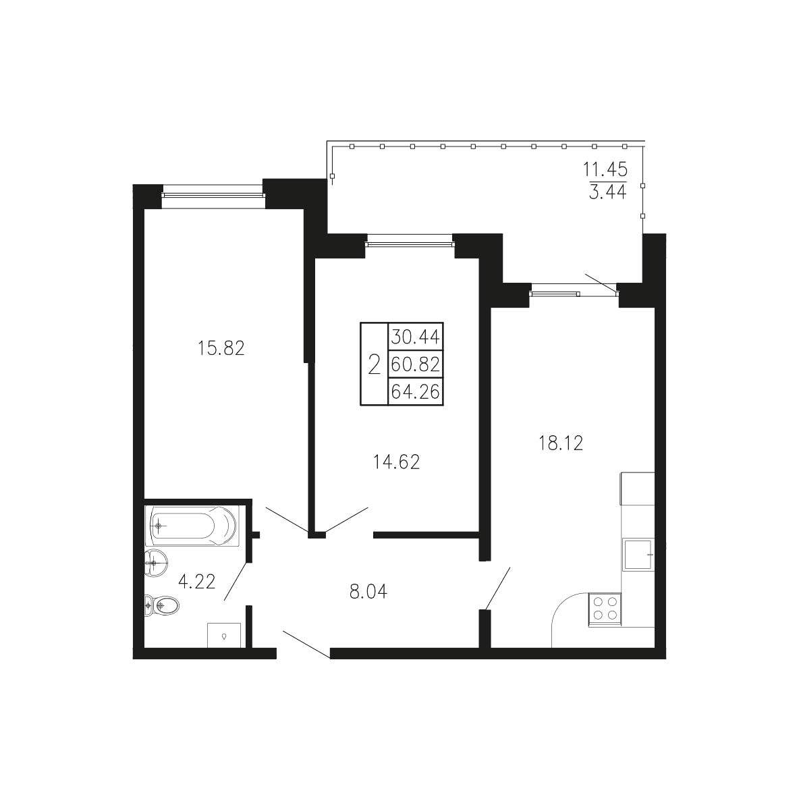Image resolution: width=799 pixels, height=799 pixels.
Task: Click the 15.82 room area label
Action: click(221, 348)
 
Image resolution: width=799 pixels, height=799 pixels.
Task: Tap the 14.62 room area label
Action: click(396, 462)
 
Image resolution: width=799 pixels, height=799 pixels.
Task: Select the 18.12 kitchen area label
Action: click(561, 443)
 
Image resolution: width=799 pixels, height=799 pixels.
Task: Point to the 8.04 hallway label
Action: click(368, 592)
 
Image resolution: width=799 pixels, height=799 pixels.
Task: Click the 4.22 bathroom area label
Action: click(196, 581)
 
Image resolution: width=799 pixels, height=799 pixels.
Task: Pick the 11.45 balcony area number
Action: click(605, 169)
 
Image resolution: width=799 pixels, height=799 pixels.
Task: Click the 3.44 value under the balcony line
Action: click(607, 192)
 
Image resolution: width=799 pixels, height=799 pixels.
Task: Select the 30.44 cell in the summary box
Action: click(415, 337)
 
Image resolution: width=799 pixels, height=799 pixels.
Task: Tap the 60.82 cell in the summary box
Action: click(415, 364)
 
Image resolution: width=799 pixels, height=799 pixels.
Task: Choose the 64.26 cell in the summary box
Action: click(415, 392)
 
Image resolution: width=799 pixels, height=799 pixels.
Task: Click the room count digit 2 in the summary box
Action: click(374, 365)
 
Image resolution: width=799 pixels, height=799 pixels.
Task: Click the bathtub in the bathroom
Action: click(192, 526)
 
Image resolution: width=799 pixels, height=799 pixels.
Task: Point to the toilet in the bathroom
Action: click(161, 606)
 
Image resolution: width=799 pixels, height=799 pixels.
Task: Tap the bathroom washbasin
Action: click(156, 563)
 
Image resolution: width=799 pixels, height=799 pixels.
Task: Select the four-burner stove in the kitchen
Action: click(605, 609)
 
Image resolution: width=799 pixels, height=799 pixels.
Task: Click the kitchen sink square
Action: click(638, 554)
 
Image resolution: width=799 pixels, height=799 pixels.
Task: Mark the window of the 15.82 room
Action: click(213, 194)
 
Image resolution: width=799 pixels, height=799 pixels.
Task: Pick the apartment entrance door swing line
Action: click(307, 644)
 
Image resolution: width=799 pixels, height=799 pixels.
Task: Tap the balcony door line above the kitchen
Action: click(601, 284)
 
